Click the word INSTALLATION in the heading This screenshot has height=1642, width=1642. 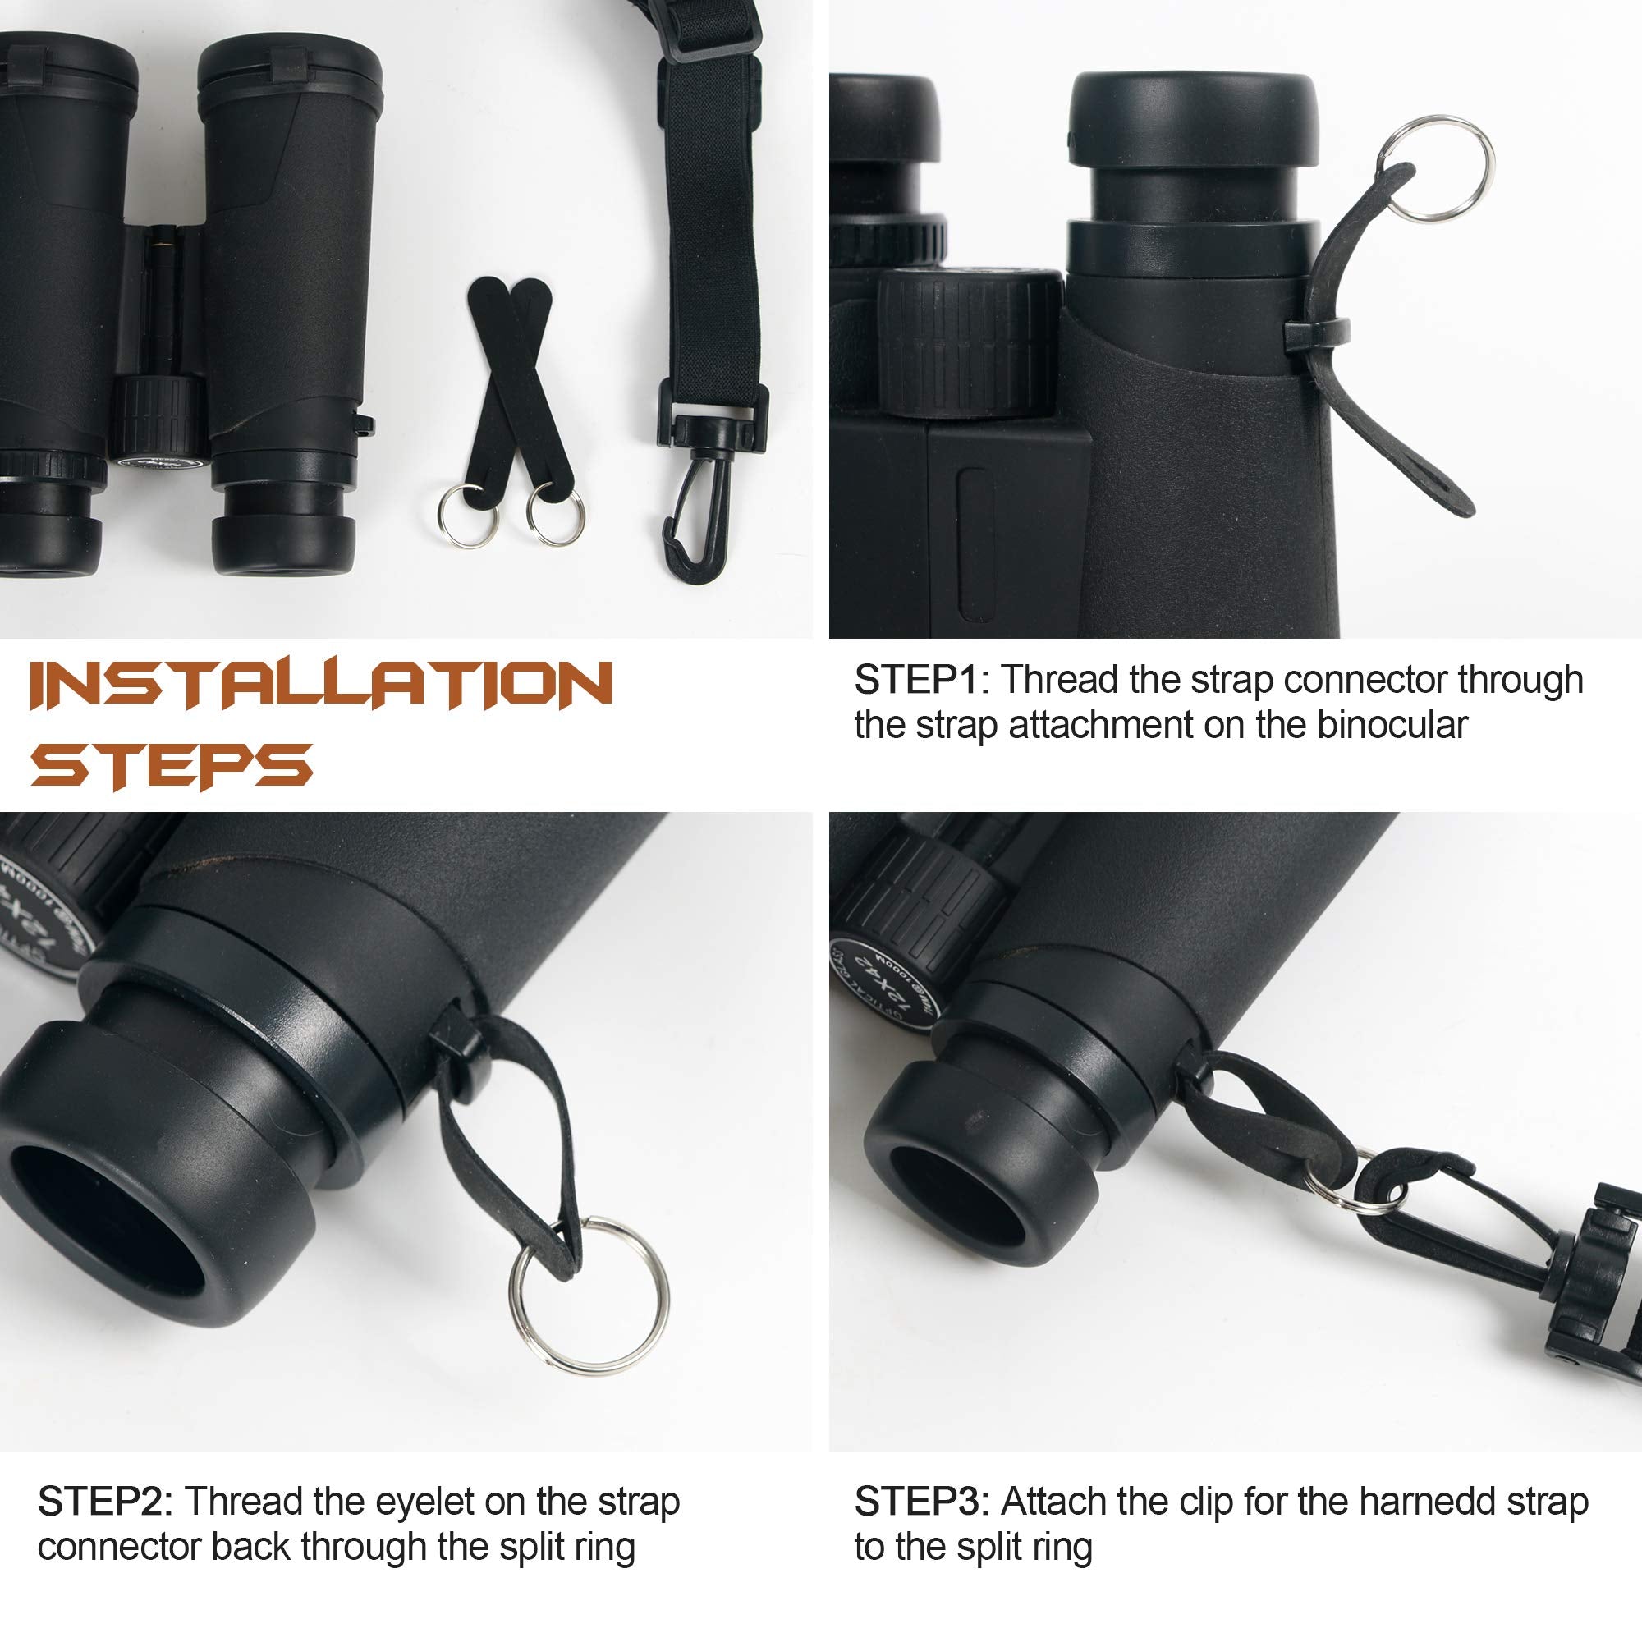pyautogui.click(x=321, y=685)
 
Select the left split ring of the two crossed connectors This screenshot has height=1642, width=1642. pyautogui.click(x=466, y=516)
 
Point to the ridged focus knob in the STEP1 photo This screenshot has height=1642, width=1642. pyautogui.click(x=969, y=344)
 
